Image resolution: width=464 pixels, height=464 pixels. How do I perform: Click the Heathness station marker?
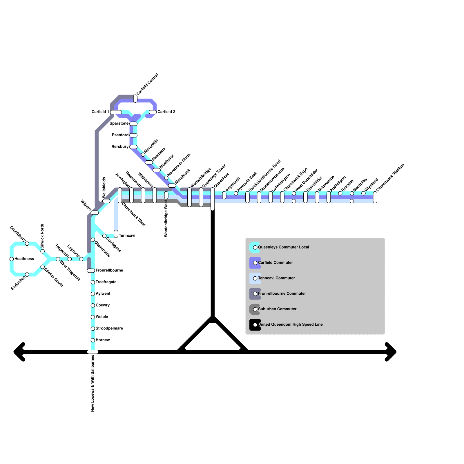point(12,259)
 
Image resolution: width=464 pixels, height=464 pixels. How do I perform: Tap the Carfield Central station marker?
point(135,99)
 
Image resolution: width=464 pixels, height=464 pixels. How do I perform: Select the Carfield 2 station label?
point(166,112)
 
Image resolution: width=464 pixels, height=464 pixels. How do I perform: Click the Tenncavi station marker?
point(116,234)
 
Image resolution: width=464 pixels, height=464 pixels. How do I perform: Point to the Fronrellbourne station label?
point(109,271)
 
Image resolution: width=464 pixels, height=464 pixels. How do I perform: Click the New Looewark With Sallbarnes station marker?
point(93,352)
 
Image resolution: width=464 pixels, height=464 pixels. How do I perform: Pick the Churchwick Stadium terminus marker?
point(375,197)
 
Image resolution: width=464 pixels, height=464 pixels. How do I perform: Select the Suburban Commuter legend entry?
point(277,309)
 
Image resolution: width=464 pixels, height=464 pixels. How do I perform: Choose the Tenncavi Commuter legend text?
point(276,278)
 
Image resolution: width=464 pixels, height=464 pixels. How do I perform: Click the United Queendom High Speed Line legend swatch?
point(255,325)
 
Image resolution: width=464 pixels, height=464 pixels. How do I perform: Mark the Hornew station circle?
point(93,340)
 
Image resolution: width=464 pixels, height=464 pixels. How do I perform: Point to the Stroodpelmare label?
point(109,329)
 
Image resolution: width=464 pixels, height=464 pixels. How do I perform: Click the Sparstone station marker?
point(133,124)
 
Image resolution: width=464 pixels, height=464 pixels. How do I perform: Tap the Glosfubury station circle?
point(27,244)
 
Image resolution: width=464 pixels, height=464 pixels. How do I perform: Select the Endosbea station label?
point(18,283)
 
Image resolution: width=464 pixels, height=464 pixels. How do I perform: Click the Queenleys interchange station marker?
point(213,199)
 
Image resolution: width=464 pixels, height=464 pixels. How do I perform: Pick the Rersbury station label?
point(120,147)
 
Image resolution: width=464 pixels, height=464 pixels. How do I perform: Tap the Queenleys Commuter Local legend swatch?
point(255,247)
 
